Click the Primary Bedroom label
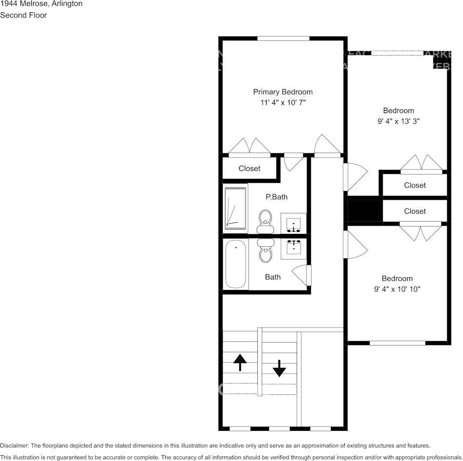(x=283, y=92)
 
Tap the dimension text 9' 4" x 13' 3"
(x=398, y=122)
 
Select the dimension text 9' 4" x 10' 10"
(x=397, y=289)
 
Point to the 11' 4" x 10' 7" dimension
(x=283, y=103)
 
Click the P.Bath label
(x=276, y=197)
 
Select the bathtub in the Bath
(x=236, y=265)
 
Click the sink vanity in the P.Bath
(x=293, y=223)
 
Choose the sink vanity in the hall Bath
(x=293, y=247)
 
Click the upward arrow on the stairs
(x=240, y=363)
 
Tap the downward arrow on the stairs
(x=279, y=368)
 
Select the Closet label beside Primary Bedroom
(x=250, y=169)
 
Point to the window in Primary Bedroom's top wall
(x=283, y=38)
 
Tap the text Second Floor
(x=23, y=15)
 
